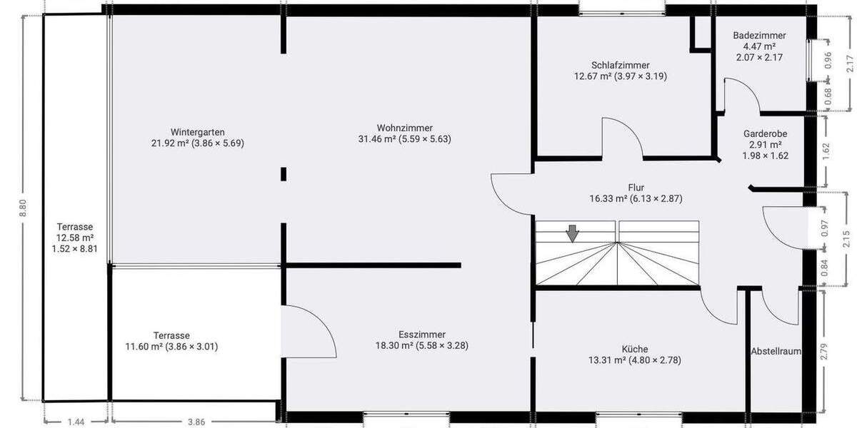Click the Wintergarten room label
click(x=198, y=132)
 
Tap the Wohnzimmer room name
click(x=405, y=128)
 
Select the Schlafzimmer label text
click(x=621, y=65)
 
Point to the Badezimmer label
click(x=759, y=36)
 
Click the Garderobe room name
click(x=765, y=133)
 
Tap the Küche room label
click(x=634, y=349)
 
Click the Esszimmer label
click(x=422, y=335)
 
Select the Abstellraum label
click(x=776, y=352)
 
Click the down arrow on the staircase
click(x=572, y=233)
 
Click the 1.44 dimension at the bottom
click(x=76, y=422)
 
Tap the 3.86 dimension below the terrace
click(x=196, y=422)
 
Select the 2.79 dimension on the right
click(x=826, y=352)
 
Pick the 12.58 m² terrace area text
click(x=75, y=238)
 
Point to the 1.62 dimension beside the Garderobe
click(x=826, y=150)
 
